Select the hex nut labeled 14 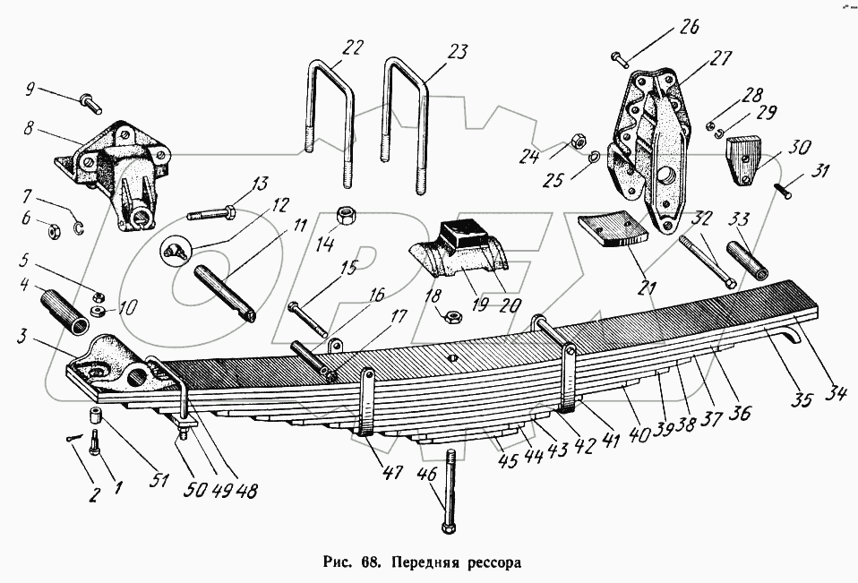345,217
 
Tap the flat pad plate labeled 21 613,228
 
